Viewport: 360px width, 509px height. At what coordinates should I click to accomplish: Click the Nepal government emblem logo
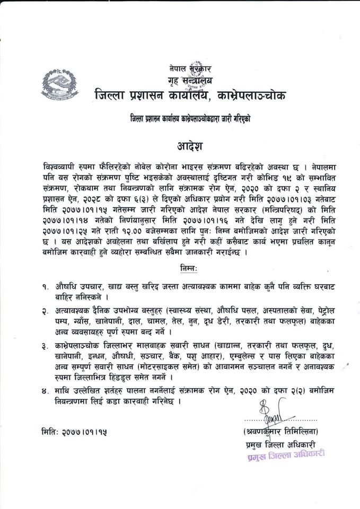(x=60, y=85)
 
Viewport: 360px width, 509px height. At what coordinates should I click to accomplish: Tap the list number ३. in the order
(x=47, y=346)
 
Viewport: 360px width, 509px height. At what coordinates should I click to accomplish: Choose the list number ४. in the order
(x=47, y=391)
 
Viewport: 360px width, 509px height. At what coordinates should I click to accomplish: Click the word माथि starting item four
(x=65, y=391)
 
